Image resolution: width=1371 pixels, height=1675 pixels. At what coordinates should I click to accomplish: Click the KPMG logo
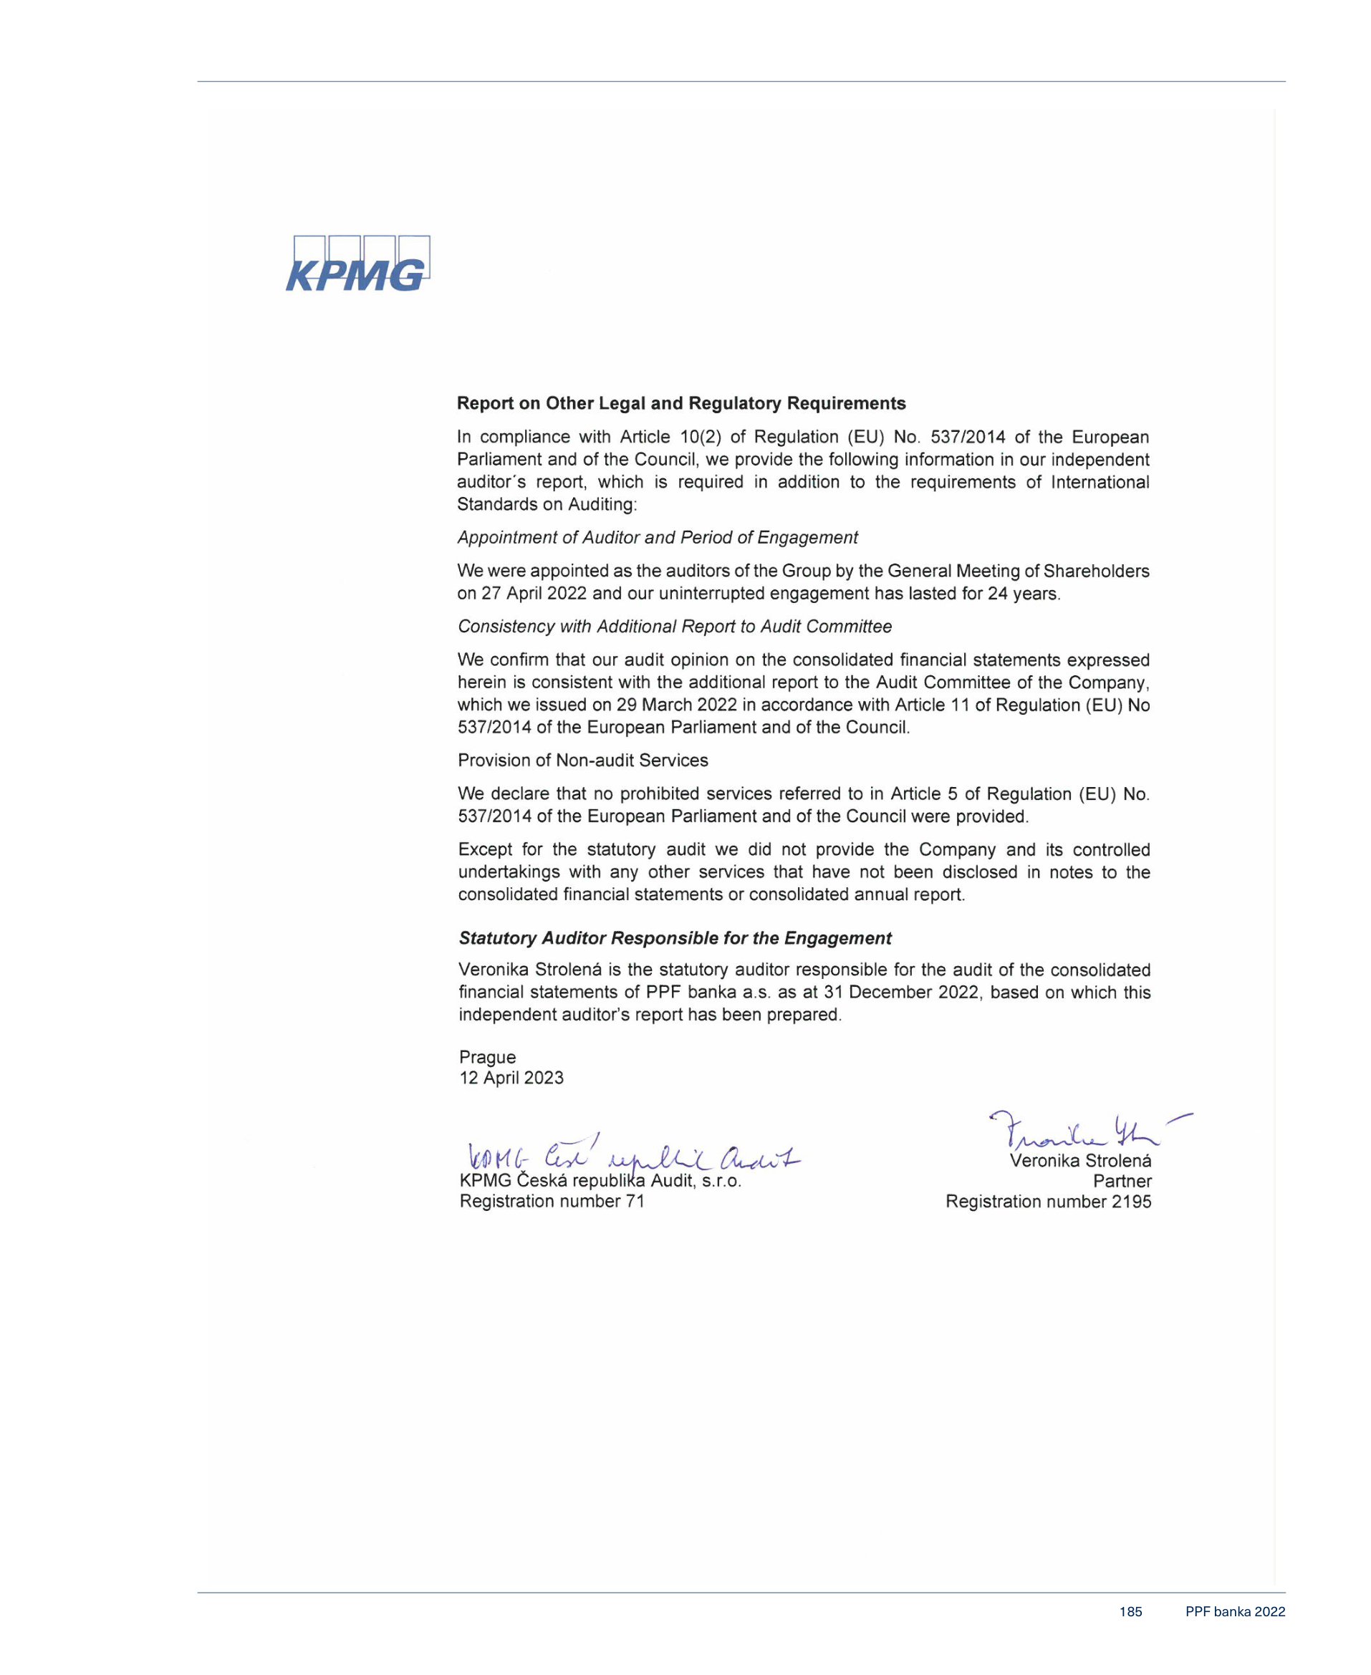click(357, 264)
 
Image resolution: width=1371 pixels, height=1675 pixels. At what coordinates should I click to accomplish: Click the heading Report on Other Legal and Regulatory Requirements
click(680, 403)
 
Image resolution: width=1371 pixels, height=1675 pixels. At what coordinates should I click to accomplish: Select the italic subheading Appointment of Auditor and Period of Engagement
click(657, 538)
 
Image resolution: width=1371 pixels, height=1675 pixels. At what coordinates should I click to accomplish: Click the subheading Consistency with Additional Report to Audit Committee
click(675, 626)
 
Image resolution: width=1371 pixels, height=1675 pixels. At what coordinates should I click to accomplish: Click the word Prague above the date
click(487, 1057)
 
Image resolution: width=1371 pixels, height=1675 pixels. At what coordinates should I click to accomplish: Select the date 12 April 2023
click(511, 1078)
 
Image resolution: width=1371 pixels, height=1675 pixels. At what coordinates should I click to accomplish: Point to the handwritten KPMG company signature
click(632, 1157)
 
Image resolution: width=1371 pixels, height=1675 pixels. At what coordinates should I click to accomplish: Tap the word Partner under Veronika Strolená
click(1122, 1181)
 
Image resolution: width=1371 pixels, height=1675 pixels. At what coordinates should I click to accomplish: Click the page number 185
click(1130, 1612)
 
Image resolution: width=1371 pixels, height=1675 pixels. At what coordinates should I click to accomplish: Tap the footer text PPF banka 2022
click(1234, 1612)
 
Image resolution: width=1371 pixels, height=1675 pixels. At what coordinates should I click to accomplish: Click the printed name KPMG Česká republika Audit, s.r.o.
click(600, 1181)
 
